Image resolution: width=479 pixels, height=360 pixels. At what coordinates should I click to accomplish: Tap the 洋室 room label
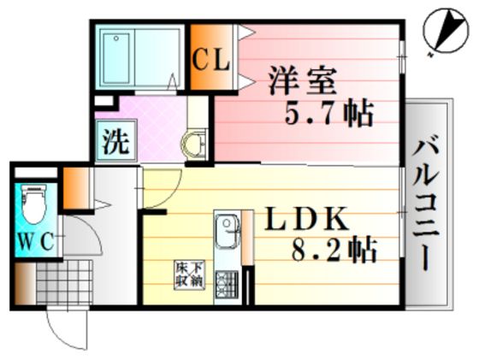303,80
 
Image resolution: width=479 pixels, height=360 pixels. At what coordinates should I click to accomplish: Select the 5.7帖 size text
329,113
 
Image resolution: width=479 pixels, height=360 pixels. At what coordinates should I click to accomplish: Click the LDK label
307,219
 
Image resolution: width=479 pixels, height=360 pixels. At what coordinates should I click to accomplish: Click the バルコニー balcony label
426,206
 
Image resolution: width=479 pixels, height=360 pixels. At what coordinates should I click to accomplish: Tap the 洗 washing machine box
115,140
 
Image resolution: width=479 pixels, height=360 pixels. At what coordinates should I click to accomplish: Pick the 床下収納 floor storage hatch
189,274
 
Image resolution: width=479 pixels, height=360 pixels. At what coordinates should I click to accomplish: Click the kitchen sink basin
227,228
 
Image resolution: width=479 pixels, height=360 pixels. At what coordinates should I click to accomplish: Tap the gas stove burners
227,285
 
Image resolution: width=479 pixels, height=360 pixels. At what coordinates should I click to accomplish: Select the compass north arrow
446,33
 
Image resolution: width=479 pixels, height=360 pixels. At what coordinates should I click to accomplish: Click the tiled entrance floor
64,282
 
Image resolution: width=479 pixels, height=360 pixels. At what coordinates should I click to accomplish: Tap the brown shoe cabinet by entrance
25,284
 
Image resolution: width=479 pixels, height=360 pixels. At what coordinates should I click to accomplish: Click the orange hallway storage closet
76,188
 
